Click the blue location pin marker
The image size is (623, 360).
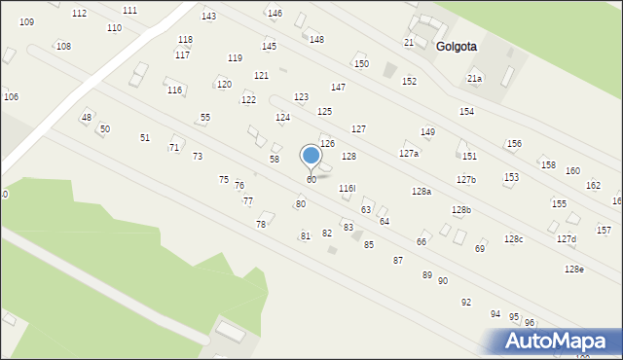[x=311, y=156]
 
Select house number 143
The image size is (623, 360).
[x=208, y=17]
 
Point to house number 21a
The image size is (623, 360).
[x=474, y=78]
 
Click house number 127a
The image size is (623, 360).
[x=409, y=154]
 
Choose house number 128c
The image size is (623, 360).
[x=513, y=239]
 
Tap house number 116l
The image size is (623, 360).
[x=347, y=188]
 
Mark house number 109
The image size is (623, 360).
[x=26, y=21]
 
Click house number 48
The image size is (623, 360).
[x=87, y=118]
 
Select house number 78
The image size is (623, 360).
[x=261, y=225]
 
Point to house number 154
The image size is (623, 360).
[x=467, y=112]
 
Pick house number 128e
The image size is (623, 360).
[x=573, y=269]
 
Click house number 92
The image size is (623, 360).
[x=466, y=303]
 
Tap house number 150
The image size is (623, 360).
[x=361, y=64]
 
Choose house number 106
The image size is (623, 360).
[x=11, y=96]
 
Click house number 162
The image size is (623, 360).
[x=593, y=185]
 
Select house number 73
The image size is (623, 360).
[x=198, y=157]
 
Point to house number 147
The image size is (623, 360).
[x=338, y=88]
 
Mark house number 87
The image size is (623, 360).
[x=398, y=261]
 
